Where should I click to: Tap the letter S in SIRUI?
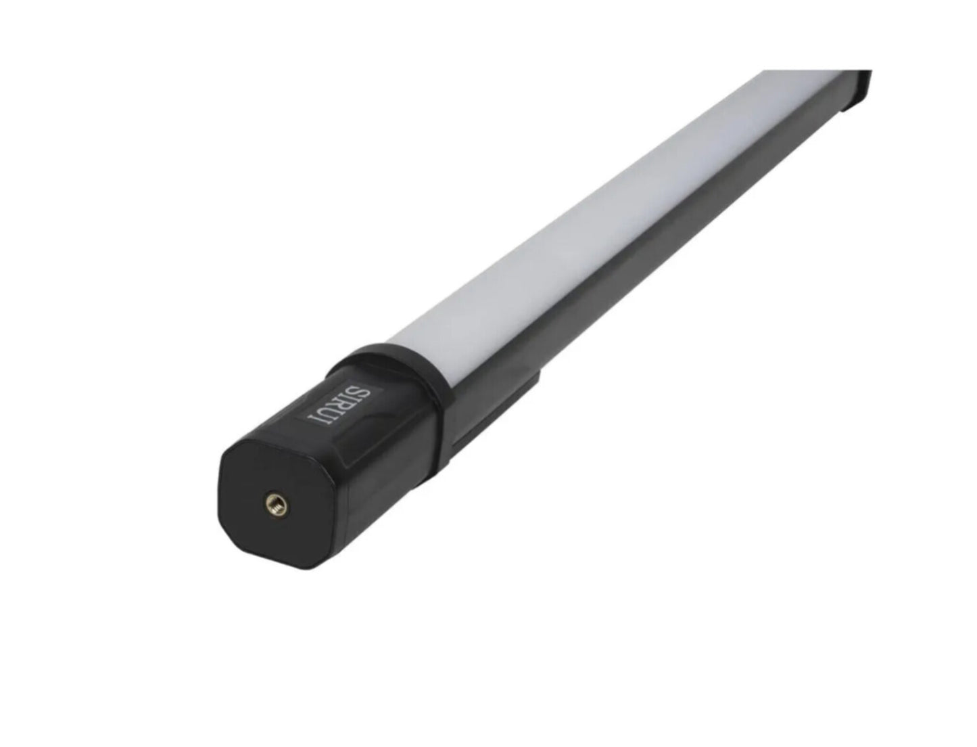[362, 395]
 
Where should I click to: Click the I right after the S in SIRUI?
[354, 401]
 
